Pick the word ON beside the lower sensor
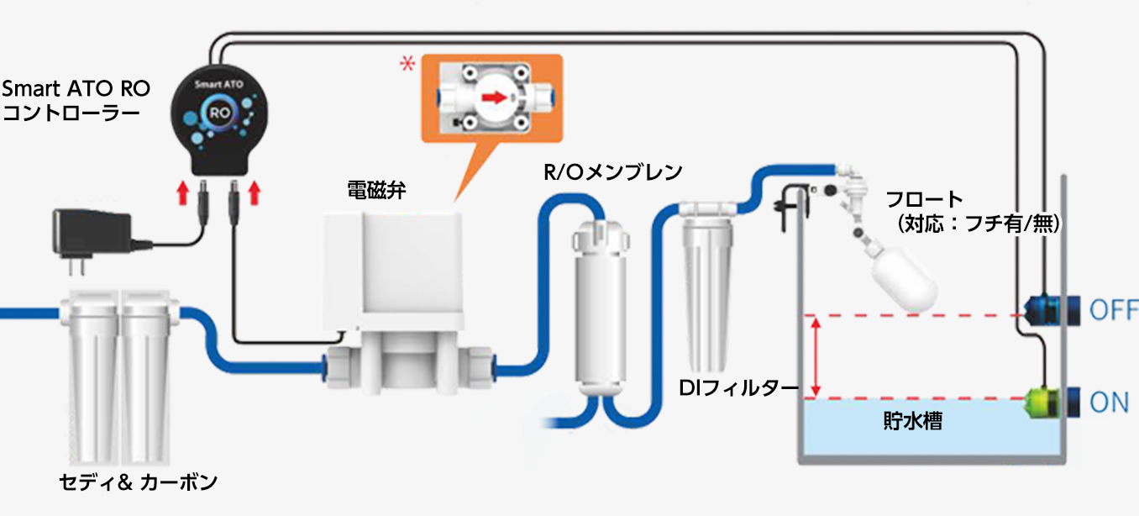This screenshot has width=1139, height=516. click(1109, 403)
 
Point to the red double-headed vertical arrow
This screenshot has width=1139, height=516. click(813, 355)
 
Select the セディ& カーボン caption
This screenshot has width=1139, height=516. click(139, 482)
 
